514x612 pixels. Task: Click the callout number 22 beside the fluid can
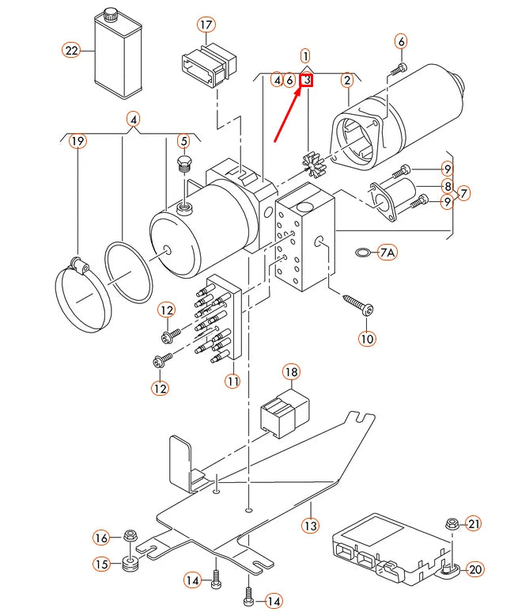tap(72, 50)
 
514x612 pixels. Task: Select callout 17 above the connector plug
tap(206, 25)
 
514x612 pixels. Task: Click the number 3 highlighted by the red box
tap(306, 79)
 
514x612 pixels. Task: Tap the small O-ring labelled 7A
tap(362, 253)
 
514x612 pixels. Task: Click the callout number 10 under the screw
tap(367, 338)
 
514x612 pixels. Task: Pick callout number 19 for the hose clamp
tap(76, 142)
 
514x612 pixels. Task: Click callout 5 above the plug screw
tap(183, 142)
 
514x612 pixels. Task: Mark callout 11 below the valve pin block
tap(232, 381)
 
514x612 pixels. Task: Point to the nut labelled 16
tap(130, 538)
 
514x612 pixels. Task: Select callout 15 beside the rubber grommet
tap(102, 564)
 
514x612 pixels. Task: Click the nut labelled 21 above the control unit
tap(452, 523)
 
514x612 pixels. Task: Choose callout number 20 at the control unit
tap(474, 568)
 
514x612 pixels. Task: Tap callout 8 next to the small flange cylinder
tap(447, 187)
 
